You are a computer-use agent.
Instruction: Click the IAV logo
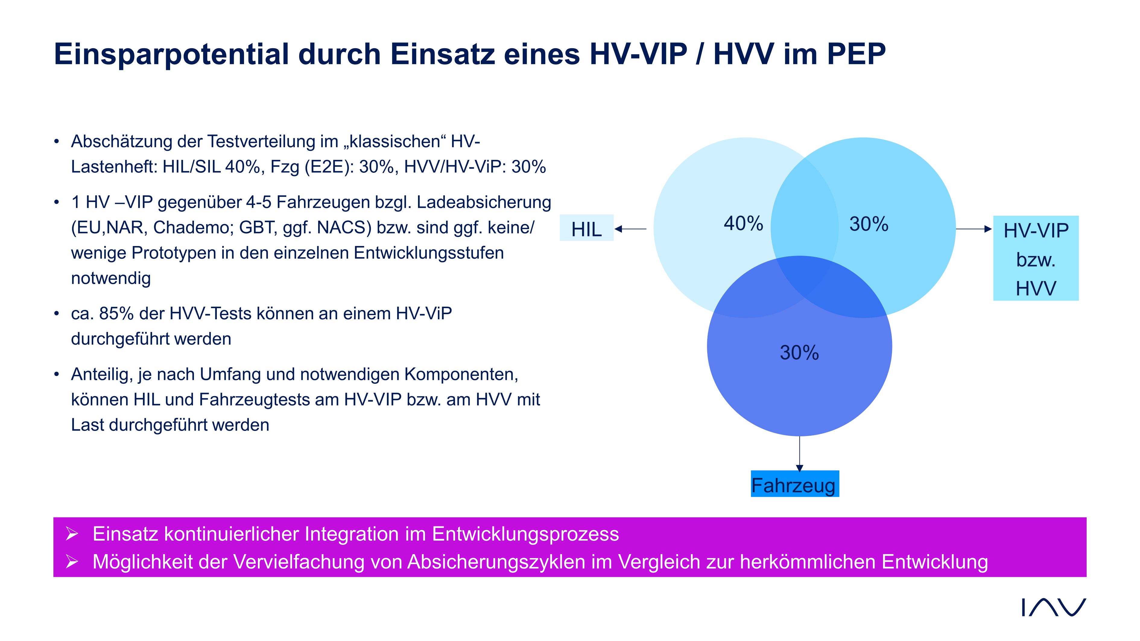point(1054,607)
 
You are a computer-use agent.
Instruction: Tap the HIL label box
point(586,228)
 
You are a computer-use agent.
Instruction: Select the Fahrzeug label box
point(795,484)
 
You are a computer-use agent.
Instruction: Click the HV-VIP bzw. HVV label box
point(1036,258)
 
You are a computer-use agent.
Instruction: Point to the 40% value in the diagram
point(743,223)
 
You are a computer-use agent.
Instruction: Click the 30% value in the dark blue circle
point(799,352)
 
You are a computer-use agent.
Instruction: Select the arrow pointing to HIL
point(631,229)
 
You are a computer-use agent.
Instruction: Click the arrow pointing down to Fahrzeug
point(799,454)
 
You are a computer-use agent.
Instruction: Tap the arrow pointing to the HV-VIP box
point(974,229)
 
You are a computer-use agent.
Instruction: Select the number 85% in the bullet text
point(116,313)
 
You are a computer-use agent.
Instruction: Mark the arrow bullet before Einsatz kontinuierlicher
point(72,534)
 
